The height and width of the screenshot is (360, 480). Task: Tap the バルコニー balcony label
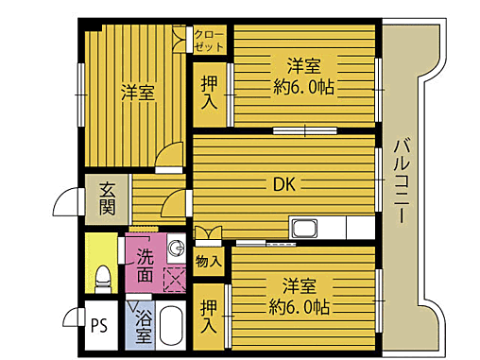(400, 180)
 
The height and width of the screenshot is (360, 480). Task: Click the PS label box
(98, 331)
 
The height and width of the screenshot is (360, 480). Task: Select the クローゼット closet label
(209, 40)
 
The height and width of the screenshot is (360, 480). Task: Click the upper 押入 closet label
(209, 93)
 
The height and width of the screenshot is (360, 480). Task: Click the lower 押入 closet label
(209, 317)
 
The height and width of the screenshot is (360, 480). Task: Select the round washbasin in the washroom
(175, 250)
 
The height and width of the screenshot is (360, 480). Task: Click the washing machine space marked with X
(175, 279)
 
